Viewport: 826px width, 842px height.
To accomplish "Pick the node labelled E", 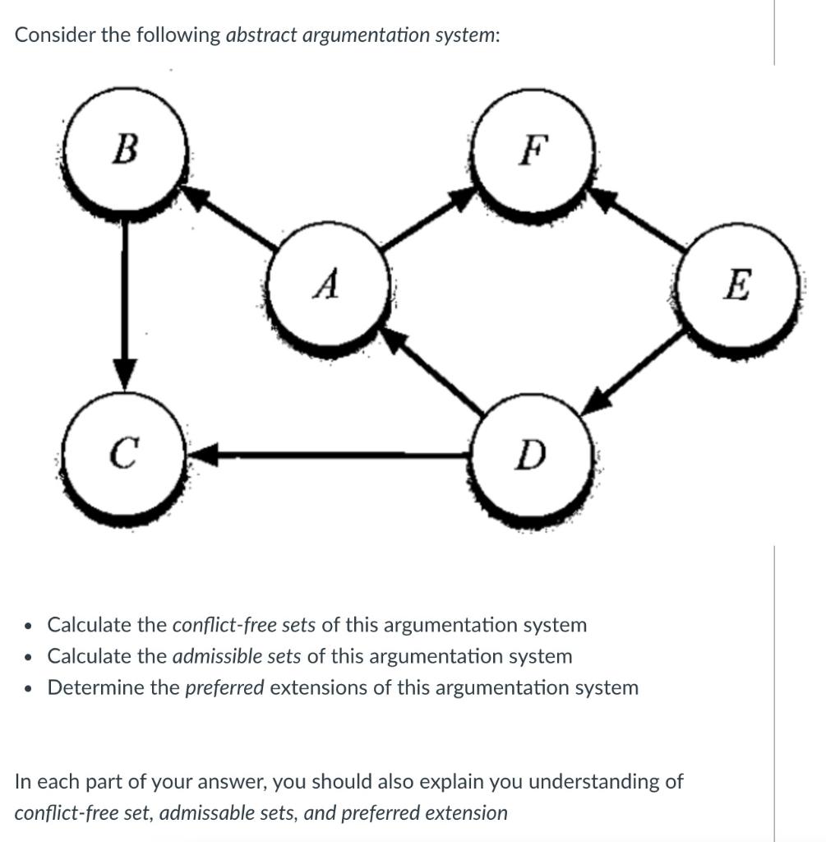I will (x=737, y=287).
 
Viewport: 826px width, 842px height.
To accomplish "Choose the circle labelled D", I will (x=532, y=455).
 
